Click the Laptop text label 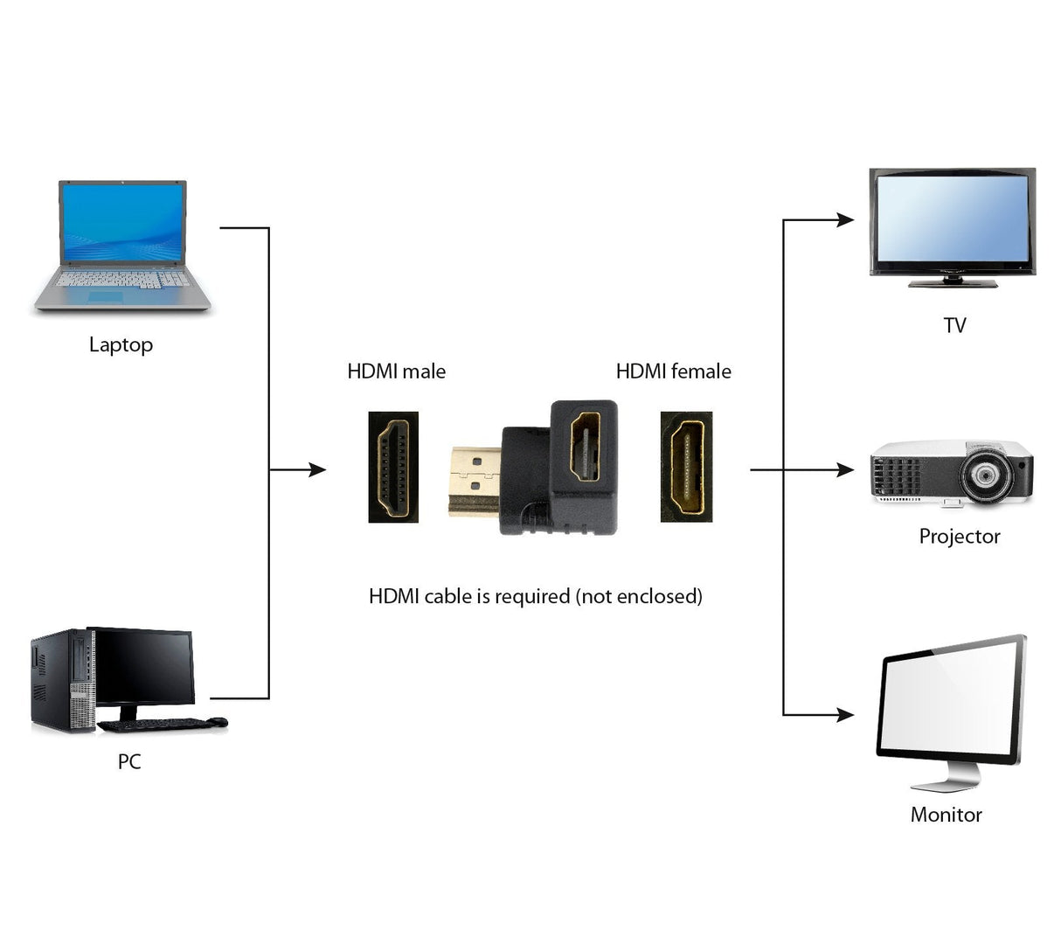(x=121, y=344)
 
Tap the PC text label (x=129, y=761)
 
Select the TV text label (x=954, y=325)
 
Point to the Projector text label (x=959, y=536)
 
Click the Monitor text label (x=946, y=815)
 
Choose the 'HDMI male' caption (x=396, y=371)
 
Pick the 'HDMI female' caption (x=673, y=371)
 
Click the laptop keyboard (x=122, y=280)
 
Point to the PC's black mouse (x=218, y=722)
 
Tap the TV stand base (x=952, y=282)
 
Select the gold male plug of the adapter (x=474, y=481)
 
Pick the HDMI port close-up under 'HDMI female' (x=686, y=468)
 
